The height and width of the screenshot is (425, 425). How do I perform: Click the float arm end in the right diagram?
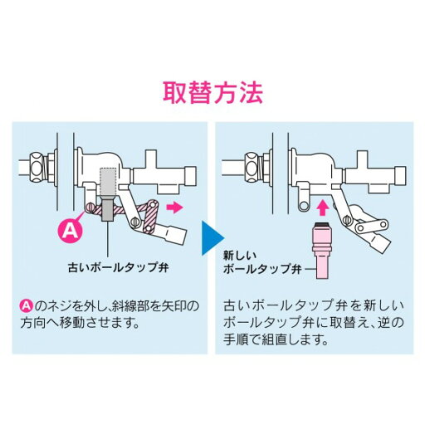tap(383, 243)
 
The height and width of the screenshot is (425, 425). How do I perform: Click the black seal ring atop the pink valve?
tap(320, 222)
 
